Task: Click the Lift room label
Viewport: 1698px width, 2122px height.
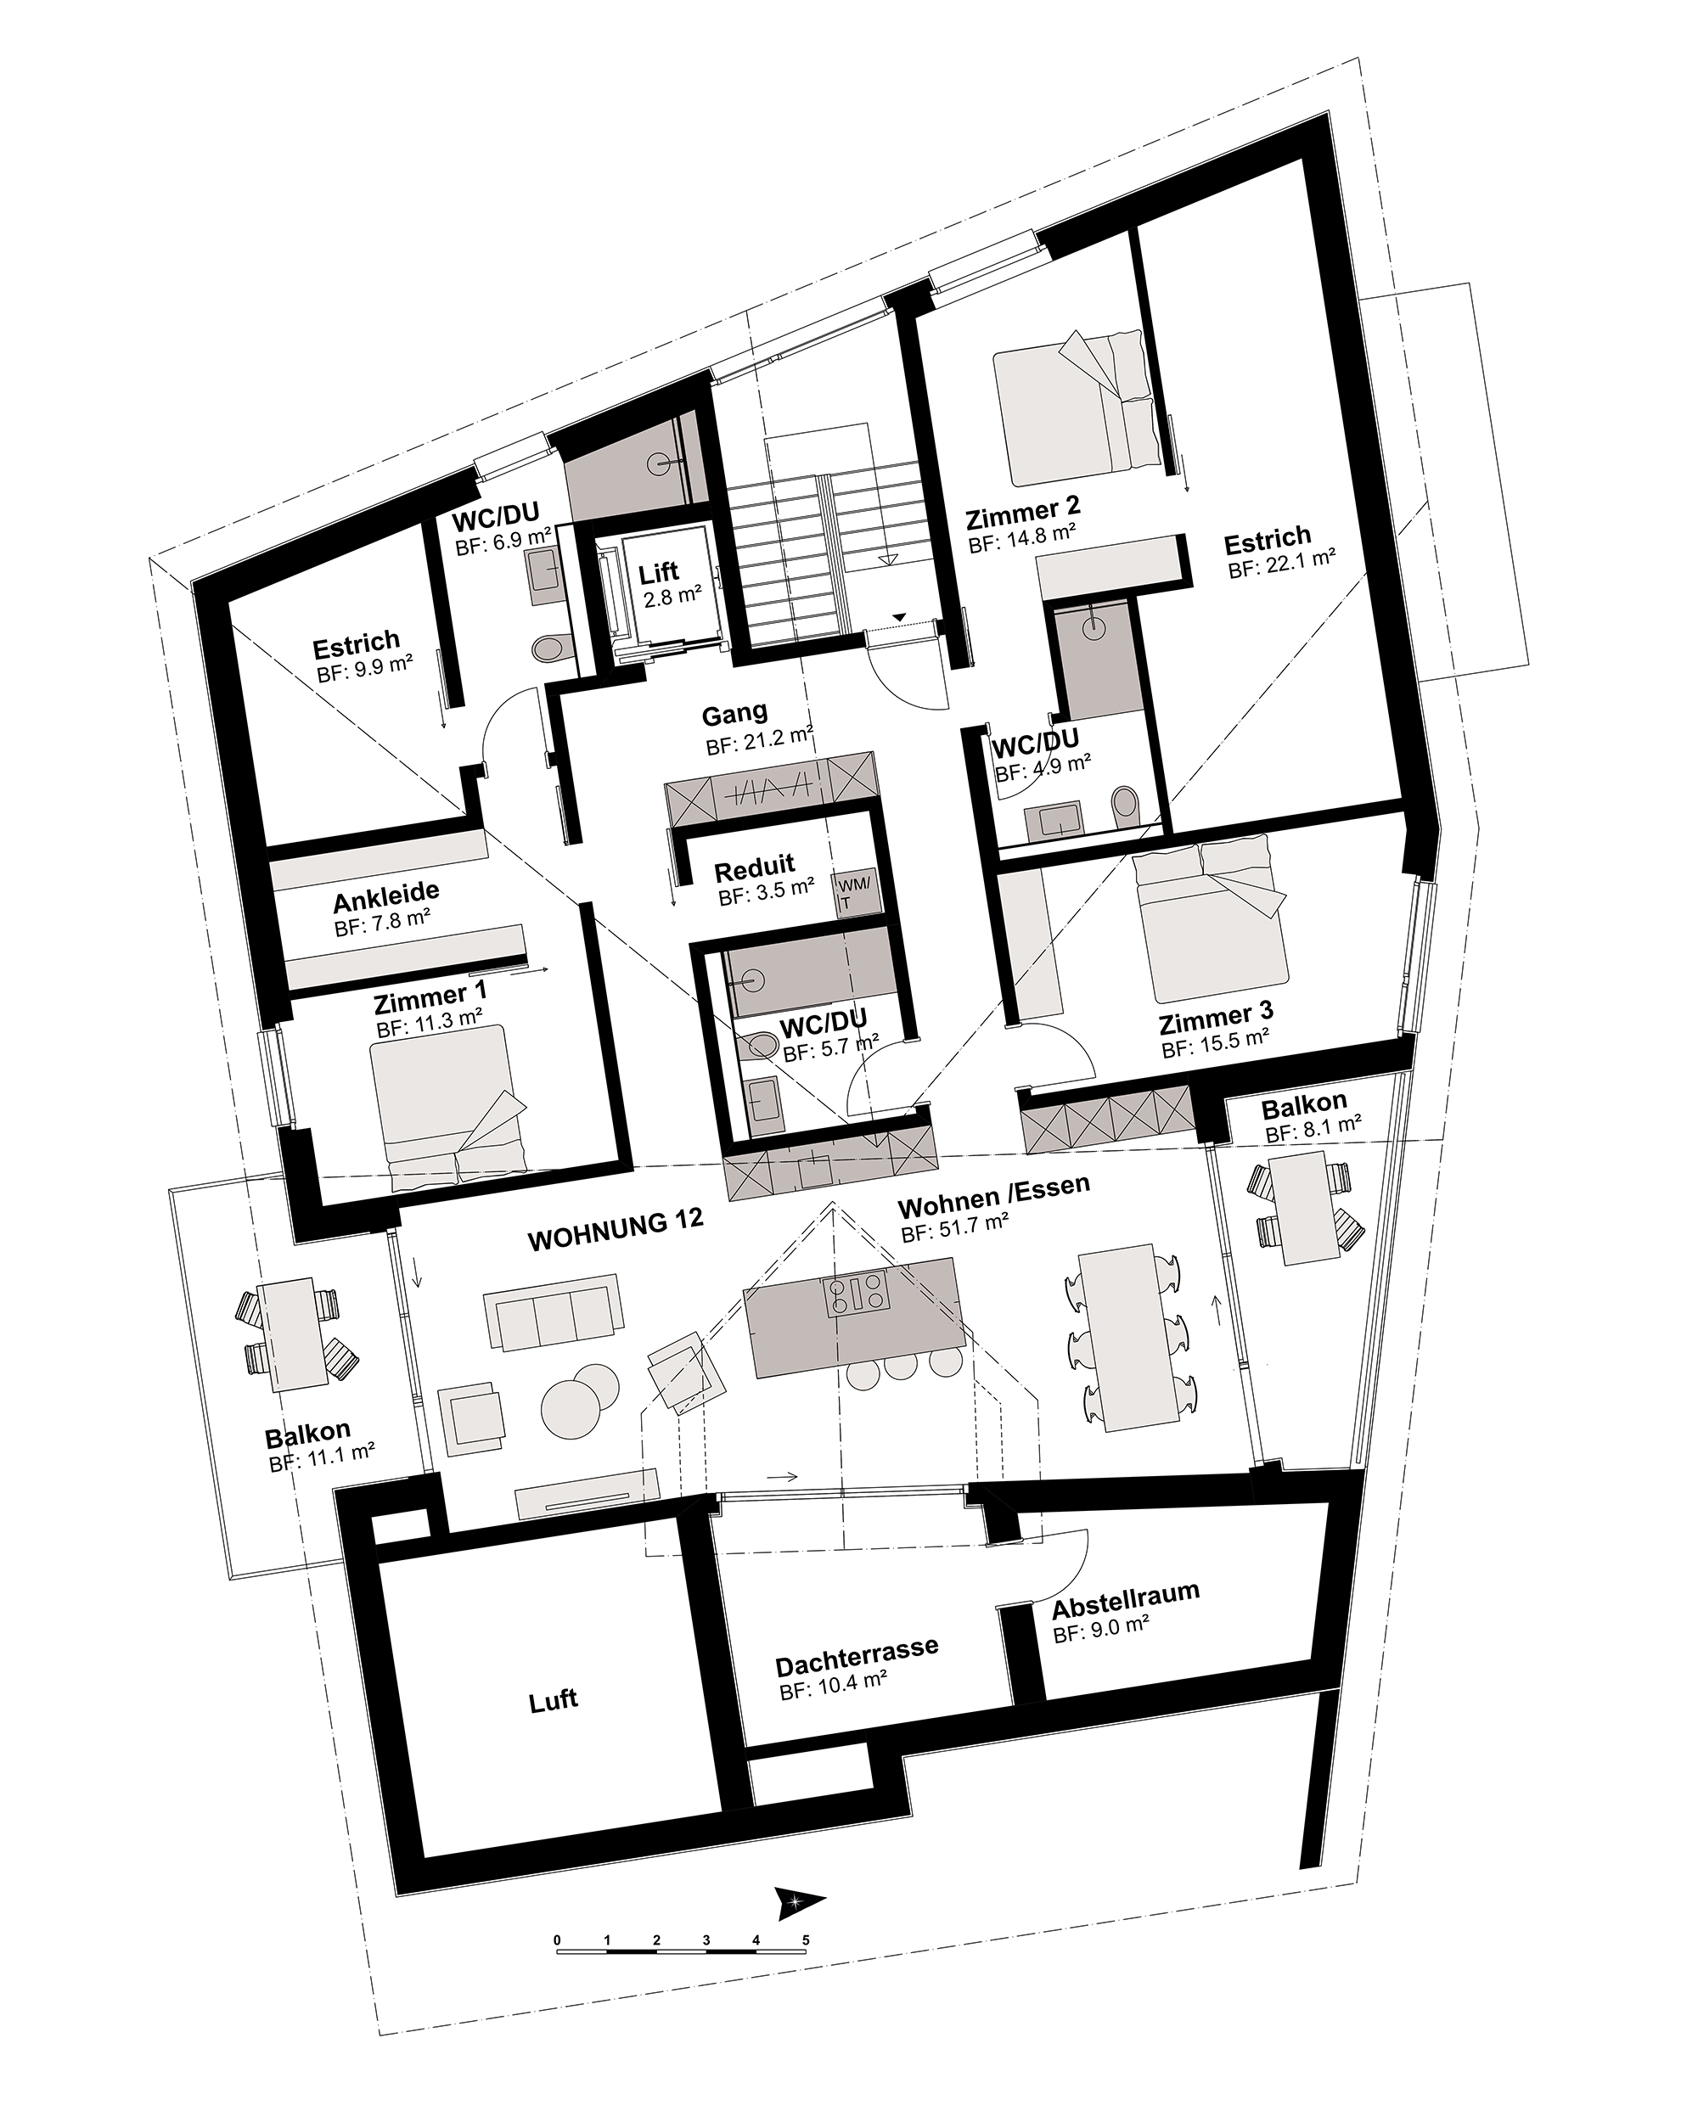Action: [659, 572]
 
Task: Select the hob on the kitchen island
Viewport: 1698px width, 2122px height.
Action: [857, 1294]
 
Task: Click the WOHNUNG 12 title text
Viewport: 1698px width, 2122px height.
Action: [616, 1229]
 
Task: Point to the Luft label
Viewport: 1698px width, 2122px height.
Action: [554, 1700]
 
